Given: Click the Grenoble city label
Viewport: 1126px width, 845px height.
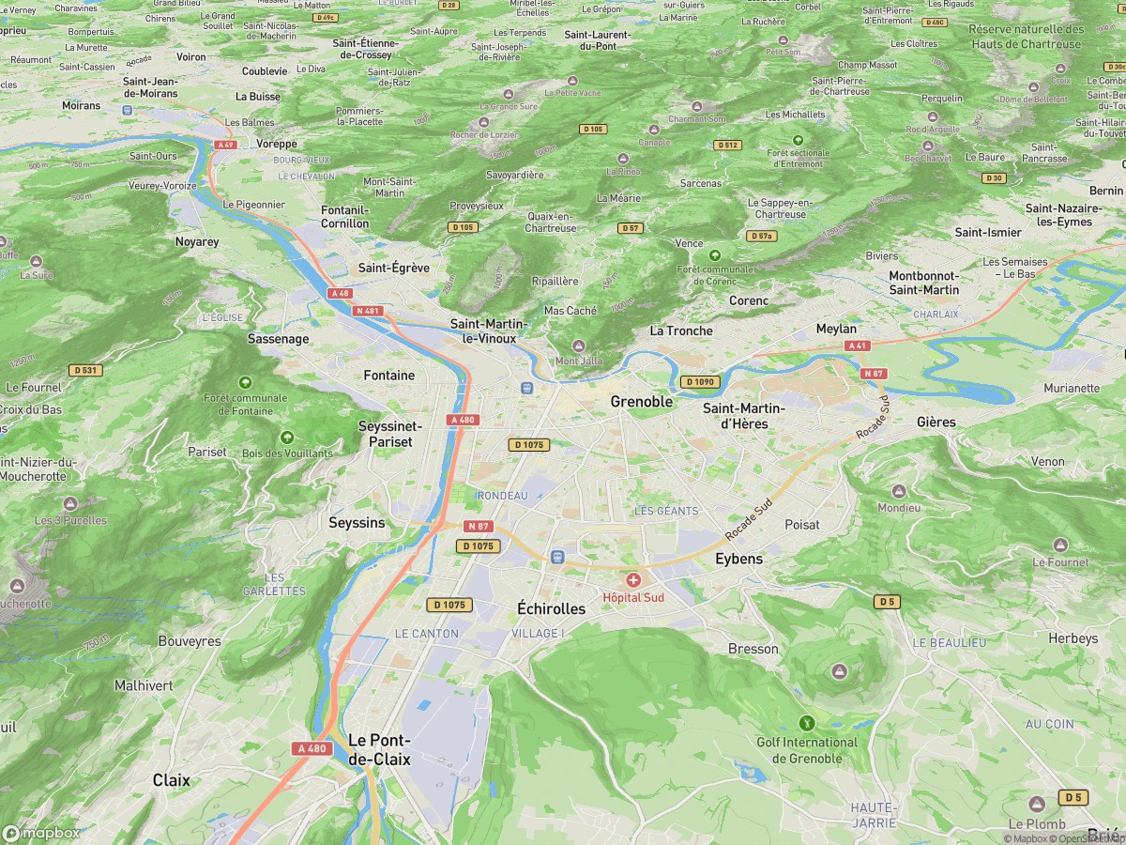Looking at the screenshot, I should click(x=642, y=402).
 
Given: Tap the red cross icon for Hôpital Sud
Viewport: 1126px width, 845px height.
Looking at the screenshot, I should click(x=633, y=581).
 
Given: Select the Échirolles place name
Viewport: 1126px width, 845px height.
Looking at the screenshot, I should click(x=551, y=608).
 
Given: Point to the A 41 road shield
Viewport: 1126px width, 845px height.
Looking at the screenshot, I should click(x=855, y=346).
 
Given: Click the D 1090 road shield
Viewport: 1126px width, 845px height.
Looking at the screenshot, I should click(x=699, y=382).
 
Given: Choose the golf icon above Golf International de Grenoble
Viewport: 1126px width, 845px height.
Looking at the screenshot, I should click(x=806, y=723).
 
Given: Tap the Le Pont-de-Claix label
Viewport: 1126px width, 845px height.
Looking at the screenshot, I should click(x=379, y=749).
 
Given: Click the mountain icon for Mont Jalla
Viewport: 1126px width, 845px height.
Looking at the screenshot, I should click(x=578, y=346).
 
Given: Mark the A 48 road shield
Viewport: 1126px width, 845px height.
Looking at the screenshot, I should click(x=341, y=294).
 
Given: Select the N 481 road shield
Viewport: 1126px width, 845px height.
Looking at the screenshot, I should click(x=368, y=311).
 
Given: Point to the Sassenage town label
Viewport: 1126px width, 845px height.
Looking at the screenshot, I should click(x=279, y=338).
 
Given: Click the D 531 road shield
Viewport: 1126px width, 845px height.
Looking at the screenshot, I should click(x=84, y=370).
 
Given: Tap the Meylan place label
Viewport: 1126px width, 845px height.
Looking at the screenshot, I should click(x=836, y=329).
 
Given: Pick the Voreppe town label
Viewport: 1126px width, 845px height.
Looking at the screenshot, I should click(x=277, y=144).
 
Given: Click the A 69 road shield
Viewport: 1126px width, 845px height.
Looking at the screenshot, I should click(x=224, y=145).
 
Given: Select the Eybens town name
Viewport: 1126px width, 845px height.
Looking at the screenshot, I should click(x=738, y=559).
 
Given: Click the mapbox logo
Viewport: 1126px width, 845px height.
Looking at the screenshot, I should click(x=41, y=833).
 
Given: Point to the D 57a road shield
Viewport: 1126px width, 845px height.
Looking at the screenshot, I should click(x=761, y=236).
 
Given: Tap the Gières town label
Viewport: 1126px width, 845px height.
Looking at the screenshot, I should click(x=936, y=422).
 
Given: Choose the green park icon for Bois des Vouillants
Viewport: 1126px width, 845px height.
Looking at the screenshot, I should click(x=287, y=438).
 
